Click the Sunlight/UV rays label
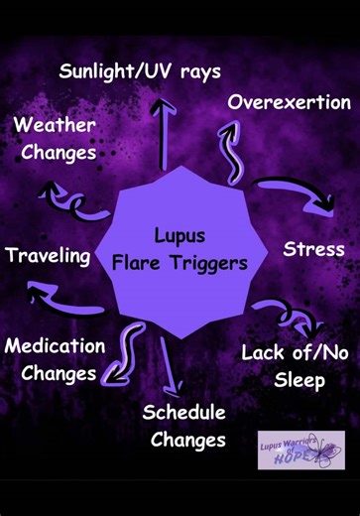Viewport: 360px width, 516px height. click(x=140, y=71)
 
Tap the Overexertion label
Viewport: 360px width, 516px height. click(x=289, y=102)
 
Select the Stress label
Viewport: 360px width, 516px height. click(x=313, y=248)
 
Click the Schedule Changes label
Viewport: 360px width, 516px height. click(x=184, y=425)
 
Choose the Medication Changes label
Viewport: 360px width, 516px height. click(x=55, y=359)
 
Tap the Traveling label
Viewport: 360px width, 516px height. click(x=48, y=255)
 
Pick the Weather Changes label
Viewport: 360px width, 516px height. click(x=55, y=139)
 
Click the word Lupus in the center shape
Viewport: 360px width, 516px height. click(x=180, y=236)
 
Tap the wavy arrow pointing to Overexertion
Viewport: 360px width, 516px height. click(x=234, y=147)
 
